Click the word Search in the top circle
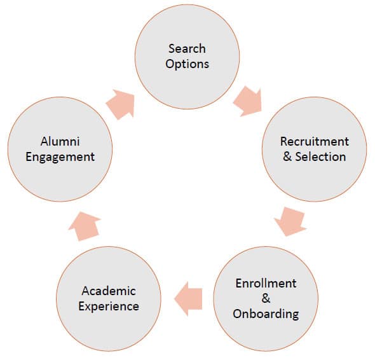pyautogui.click(x=187, y=48)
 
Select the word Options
pyautogui.click(x=187, y=64)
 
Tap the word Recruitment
pyautogui.click(x=315, y=141)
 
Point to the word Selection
pyautogui.click(x=321, y=156)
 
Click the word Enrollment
pyautogui.click(x=266, y=284)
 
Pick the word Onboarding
pyautogui.click(x=266, y=314)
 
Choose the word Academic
pyautogui.click(x=109, y=291)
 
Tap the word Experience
pyautogui.click(x=109, y=307)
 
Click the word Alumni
pyautogui.click(x=60, y=141)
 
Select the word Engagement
pyautogui.click(x=60, y=157)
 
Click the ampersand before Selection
pyautogui.click(x=287, y=156)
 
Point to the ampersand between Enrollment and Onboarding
pyautogui.click(x=266, y=298)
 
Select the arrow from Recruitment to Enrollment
pyautogui.click(x=290, y=221)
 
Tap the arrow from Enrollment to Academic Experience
pyautogui.click(x=189, y=299)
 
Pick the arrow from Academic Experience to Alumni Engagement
pyautogui.click(x=85, y=226)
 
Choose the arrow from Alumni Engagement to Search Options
pyautogui.click(x=120, y=104)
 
